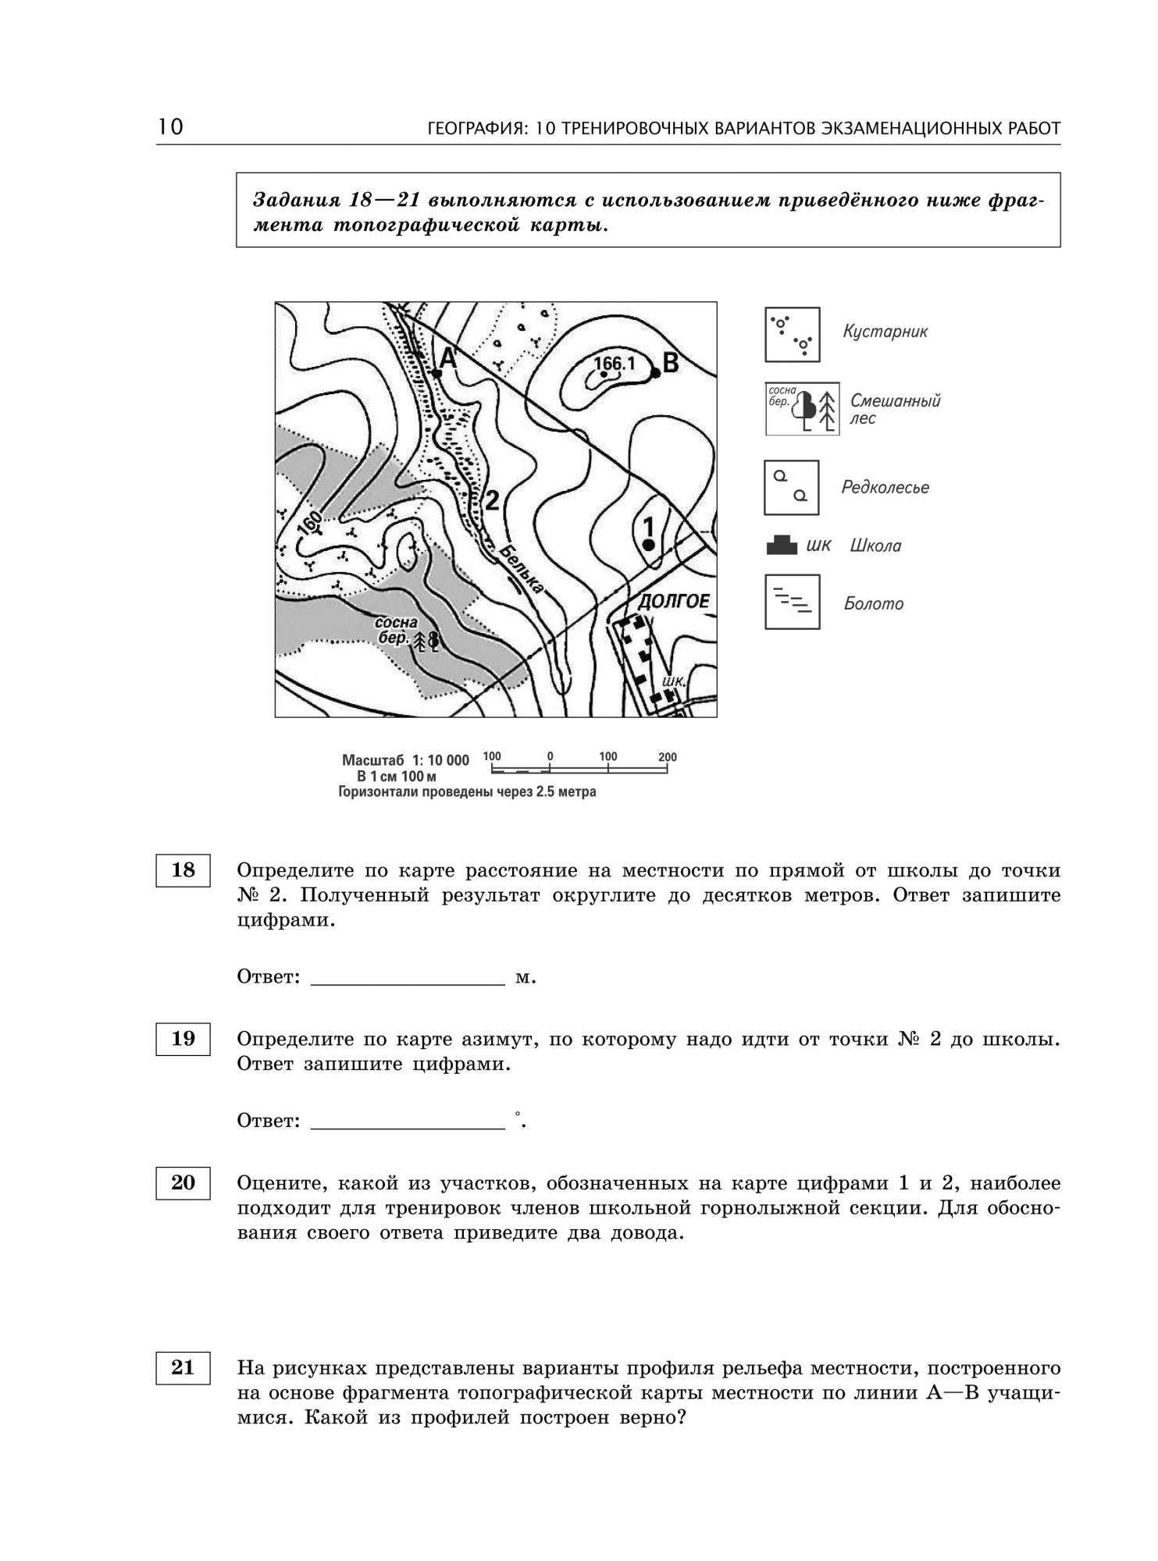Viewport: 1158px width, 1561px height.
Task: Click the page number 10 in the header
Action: click(x=170, y=126)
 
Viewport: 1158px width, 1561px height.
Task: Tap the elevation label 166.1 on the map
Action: click(x=615, y=363)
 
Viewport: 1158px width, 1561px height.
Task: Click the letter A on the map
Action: click(x=448, y=358)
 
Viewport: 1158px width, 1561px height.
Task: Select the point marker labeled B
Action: click(x=656, y=373)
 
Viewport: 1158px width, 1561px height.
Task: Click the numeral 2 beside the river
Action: click(x=492, y=500)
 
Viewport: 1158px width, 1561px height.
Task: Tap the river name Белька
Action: click(x=521, y=570)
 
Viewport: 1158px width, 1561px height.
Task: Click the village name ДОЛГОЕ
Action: click(x=675, y=601)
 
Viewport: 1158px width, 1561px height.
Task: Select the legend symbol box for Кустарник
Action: click(x=792, y=334)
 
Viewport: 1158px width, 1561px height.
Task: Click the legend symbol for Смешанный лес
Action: click(x=802, y=408)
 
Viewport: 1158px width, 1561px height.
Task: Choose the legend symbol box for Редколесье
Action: click(x=791, y=487)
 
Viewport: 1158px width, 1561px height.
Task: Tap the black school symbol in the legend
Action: click(x=782, y=545)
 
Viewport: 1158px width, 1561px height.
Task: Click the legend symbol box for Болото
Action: click(x=792, y=602)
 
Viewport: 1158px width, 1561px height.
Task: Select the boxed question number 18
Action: click(x=183, y=870)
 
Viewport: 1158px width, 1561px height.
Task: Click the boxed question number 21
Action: click(x=183, y=1367)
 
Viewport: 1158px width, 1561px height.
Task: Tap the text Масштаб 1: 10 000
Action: click(x=405, y=760)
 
